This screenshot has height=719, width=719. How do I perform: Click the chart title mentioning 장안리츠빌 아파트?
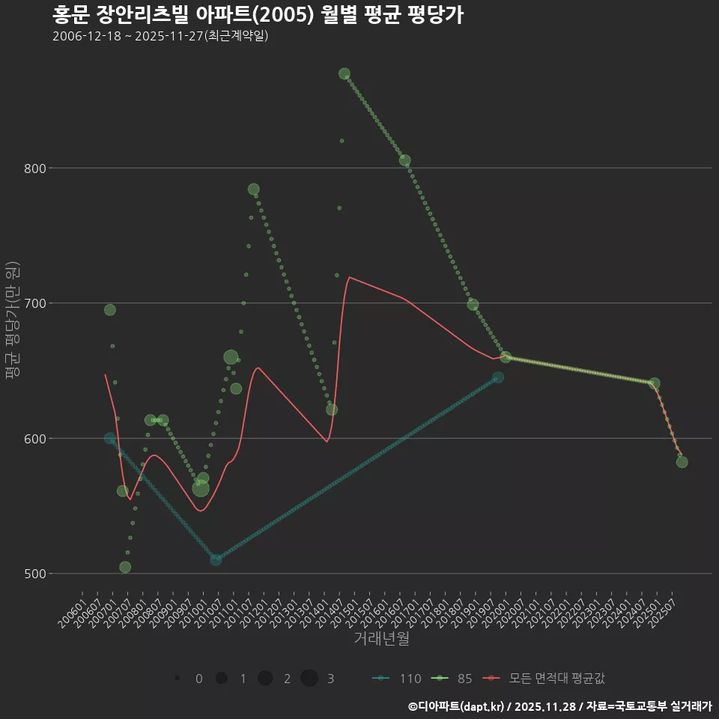258,15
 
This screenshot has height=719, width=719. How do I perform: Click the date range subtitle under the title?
160,36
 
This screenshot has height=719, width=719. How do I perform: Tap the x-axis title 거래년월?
381,639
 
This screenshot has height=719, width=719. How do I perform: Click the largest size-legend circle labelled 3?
309,679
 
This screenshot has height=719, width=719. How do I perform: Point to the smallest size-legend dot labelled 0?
178,679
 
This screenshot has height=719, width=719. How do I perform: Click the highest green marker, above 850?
345,73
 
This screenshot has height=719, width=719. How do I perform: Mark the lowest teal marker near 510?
216,559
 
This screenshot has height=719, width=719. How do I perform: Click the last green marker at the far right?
682,462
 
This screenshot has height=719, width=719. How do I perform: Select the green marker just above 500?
125,567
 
